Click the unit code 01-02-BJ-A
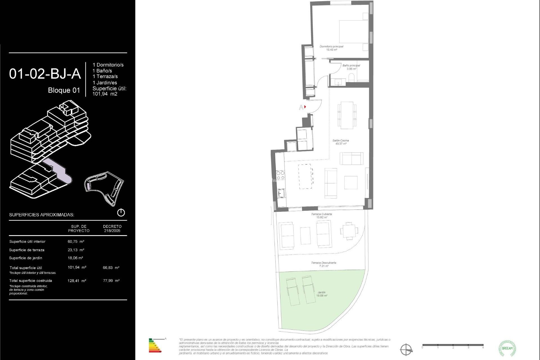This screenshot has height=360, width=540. coord(45,74)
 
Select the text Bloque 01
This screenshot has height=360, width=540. coord(64,90)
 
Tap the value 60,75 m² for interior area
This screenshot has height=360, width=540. coord(76,242)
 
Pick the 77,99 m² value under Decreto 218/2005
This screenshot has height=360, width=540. coord(111,281)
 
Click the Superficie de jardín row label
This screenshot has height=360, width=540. coord(26,258)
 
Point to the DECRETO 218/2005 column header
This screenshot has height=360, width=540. coord(112,228)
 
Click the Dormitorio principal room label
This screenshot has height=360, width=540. coord(331,48)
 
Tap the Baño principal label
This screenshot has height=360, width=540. coord(351,67)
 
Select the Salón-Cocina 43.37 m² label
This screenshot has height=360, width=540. coord(341,142)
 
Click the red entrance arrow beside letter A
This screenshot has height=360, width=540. coord(305,107)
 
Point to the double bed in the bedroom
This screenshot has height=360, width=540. coord(354,31)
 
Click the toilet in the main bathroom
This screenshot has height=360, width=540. coord(351,78)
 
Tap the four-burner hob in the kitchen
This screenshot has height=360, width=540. coord(280,175)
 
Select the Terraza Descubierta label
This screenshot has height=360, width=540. coord(323,264)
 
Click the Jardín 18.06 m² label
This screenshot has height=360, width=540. coord(321,294)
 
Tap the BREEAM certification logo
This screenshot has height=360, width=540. coord(507,348)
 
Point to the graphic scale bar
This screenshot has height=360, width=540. coord(453,345)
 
